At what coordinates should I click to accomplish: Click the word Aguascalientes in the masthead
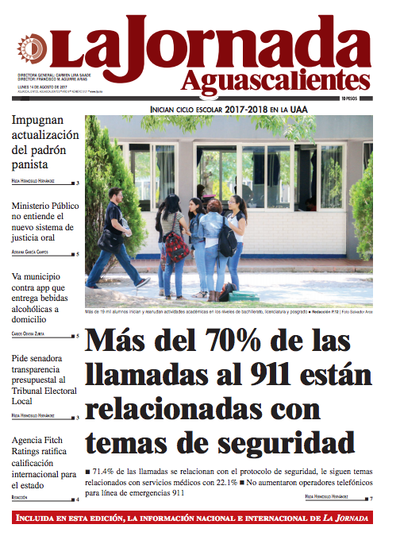point(275,80)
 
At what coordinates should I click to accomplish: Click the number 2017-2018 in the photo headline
point(245,109)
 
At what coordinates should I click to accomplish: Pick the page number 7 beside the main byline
point(370,498)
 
